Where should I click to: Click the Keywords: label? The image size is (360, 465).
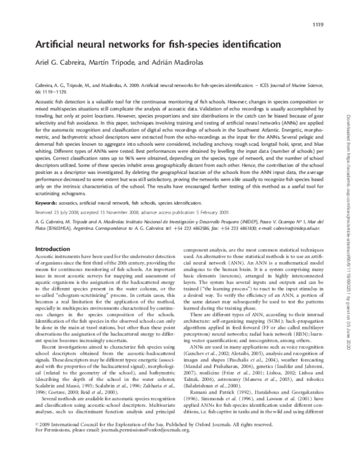point(47,187)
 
